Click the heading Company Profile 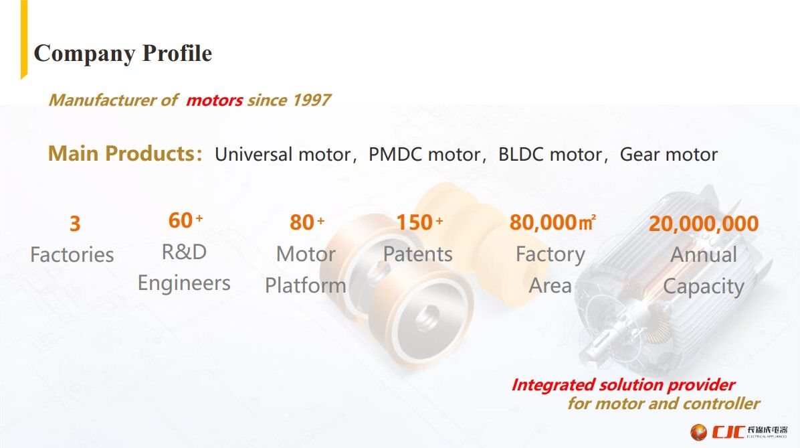pyautogui.click(x=122, y=54)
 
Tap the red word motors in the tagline pyautogui.click(x=214, y=100)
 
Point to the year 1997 pyautogui.click(x=306, y=100)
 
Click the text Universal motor pyautogui.click(x=282, y=155)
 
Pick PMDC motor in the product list pyautogui.click(x=423, y=155)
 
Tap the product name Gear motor pyautogui.click(x=668, y=155)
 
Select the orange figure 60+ pyautogui.click(x=185, y=220)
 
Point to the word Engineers pyautogui.click(x=184, y=283)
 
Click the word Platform pyautogui.click(x=305, y=285)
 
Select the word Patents pyautogui.click(x=417, y=254)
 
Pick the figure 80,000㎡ pyautogui.click(x=552, y=222)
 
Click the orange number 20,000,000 pyautogui.click(x=704, y=224)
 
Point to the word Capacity pyautogui.click(x=703, y=286)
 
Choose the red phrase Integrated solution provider pyautogui.click(x=623, y=385)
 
